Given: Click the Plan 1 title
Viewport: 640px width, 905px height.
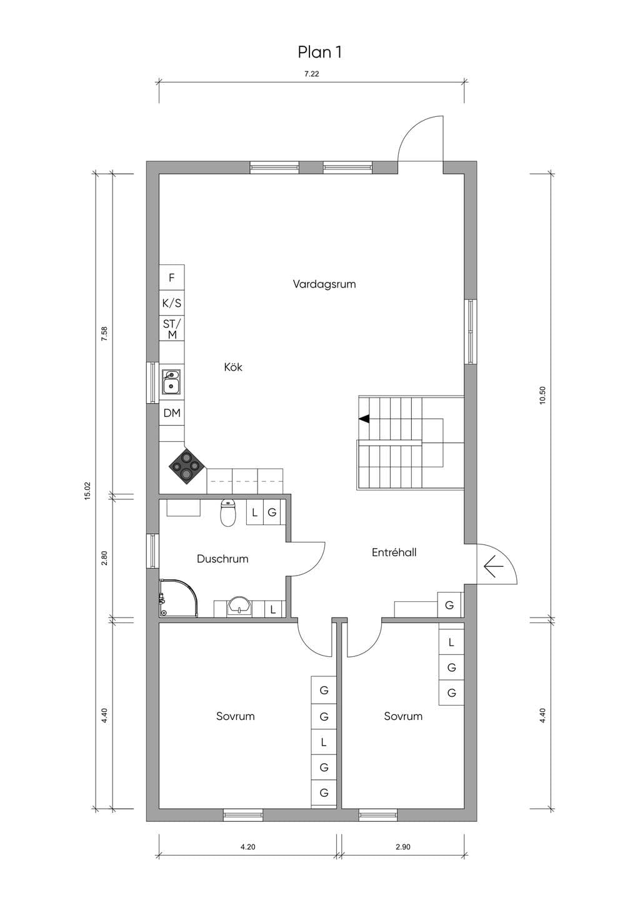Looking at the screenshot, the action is click(x=319, y=52).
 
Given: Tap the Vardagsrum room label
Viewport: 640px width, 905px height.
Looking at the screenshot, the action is click(x=324, y=284).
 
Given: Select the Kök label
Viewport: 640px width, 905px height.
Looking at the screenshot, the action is click(x=233, y=367).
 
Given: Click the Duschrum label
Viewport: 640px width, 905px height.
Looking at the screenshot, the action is click(x=222, y=559).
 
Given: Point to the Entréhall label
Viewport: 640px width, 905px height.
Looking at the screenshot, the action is click(x=394, y=552).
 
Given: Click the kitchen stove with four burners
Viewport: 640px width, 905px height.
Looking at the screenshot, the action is click(x=186, y=467).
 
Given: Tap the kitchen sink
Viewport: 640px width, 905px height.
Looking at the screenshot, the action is click(x=171, y=382).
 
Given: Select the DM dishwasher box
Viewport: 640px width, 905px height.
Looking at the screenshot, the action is click(x=172, y=413).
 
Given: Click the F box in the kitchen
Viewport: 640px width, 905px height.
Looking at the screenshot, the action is click(x=172, y=277).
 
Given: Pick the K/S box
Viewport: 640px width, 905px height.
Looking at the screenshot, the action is click(x=172, y=303).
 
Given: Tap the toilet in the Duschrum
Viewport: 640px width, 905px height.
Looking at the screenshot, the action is click(x=228, y=513).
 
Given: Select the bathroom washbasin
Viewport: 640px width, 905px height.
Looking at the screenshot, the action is click(x=239, y=606).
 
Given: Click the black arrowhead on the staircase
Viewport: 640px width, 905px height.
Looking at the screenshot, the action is click(x=364, y=419).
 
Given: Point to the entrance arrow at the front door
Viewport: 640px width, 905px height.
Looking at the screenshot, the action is click(x=493, y=566).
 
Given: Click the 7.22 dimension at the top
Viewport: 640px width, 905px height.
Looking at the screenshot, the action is click(x=311, y=74).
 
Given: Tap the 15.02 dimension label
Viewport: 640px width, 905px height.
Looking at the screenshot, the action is click(x=88, y=491).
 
